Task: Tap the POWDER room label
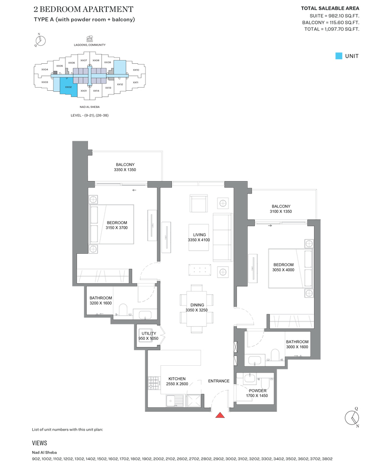[x=257, y=391]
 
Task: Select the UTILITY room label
[x=148, y=334]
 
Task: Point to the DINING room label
[x=197, y=305]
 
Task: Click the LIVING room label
[x=199, y=235]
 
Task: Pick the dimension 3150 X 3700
[x=117, y=228]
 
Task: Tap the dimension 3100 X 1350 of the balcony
[x=281, y=212]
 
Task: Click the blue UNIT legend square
[x=339, y=56]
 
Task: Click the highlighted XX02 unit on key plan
[x=68, y=87]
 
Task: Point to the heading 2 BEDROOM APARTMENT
[x=83, y=9]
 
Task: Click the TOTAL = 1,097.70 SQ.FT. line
[x=331, y=30]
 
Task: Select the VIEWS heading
[x=39, y=443]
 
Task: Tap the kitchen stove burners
[x=154, y=383]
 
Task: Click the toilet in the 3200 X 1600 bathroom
[x=123, y=310]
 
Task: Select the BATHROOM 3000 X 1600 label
[x=296, y=345]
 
